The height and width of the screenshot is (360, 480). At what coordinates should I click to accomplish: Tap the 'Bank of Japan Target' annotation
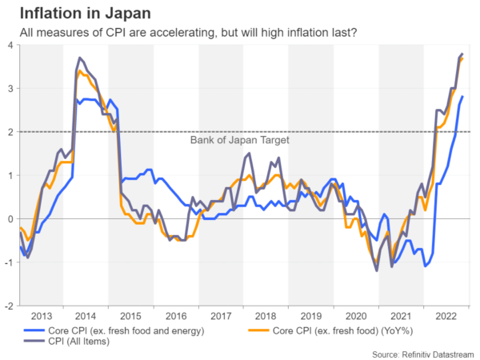[239, 140]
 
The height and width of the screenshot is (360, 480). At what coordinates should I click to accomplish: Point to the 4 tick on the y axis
[10, 45]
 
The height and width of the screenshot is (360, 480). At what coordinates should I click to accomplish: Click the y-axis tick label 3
[10, 89]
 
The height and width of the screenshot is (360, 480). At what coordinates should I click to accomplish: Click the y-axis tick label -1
[8, 262]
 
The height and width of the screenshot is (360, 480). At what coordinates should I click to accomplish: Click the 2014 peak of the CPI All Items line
[80, 58]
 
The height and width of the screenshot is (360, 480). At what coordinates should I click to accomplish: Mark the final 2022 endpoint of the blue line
[462, 97]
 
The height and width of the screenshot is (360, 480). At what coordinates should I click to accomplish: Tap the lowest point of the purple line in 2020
[377, 270]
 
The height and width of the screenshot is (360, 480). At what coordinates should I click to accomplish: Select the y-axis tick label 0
[10, 219]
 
